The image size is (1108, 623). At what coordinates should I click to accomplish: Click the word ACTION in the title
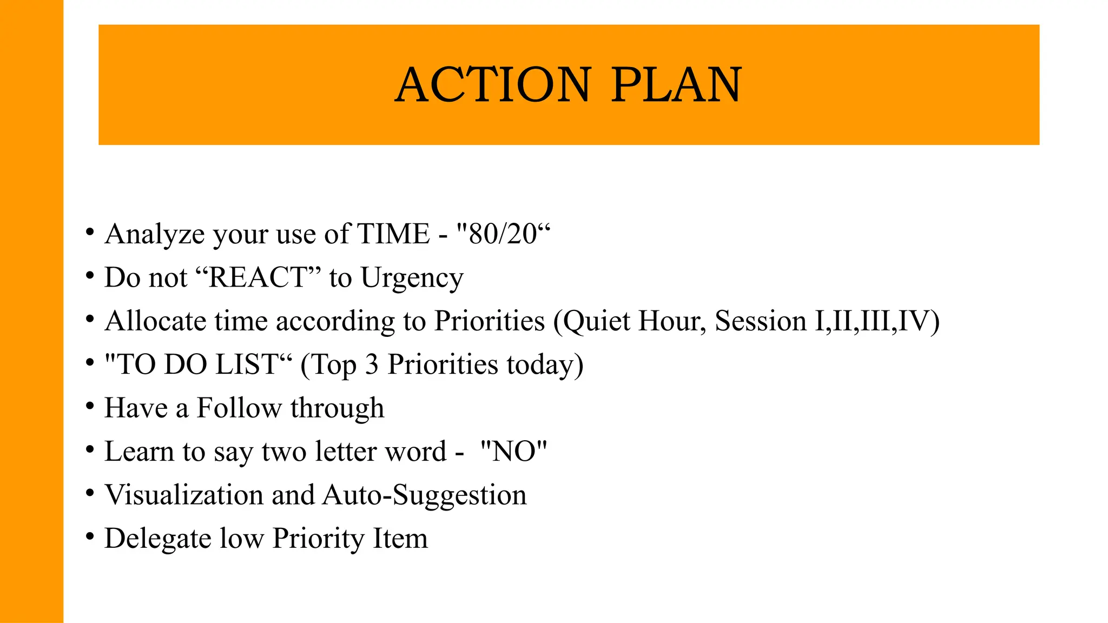tap(493, 85)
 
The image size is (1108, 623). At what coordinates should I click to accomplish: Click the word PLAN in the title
tap(676, 85)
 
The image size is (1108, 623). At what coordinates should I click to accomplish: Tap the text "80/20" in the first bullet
tap(503, 234)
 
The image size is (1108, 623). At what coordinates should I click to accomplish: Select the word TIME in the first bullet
tap(394, 234)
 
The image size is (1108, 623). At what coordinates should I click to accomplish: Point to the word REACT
tap(258, 277)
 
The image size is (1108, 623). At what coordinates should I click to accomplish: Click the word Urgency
tap(412, 279)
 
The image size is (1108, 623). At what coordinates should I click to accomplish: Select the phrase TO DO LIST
tap(197, 364)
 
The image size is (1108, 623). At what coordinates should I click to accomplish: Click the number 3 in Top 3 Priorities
tap(372, 364)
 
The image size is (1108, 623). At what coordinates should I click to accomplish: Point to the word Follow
tap(239, 408)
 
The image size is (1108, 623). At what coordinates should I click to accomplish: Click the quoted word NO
tap(513, 452)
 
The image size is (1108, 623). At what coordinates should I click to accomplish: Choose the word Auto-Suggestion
tap(425, 495)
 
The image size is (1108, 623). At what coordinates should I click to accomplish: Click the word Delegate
tap(157, 539)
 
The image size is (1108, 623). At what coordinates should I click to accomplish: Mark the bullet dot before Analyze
tap(90, 233)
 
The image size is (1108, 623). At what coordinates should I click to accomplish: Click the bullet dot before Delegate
tap(90, 537)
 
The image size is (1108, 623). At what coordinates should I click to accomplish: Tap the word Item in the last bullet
tap(400, 539)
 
